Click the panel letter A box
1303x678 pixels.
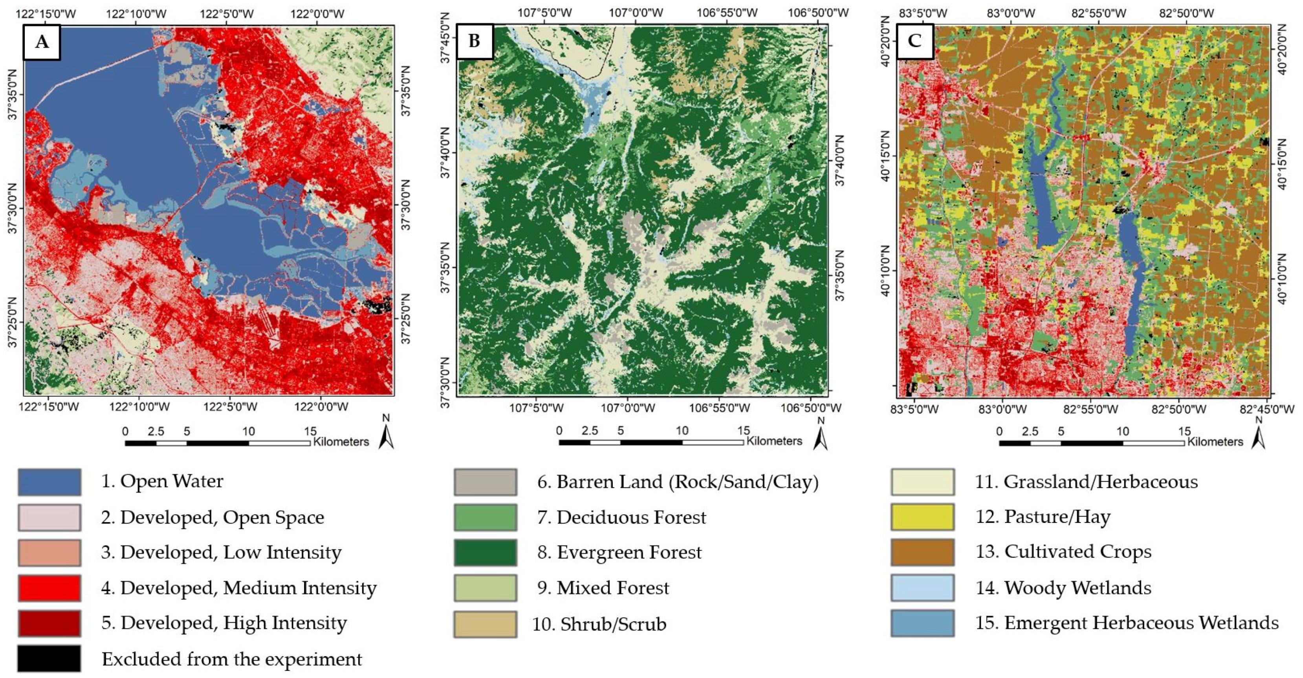(42, 42)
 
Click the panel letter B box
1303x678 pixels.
(475, 40)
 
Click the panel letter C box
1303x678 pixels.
(914, 40)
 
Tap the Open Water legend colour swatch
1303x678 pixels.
(49, 482)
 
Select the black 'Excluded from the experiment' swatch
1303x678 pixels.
(49, 658)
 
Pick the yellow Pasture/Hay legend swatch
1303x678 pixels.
(923, 517)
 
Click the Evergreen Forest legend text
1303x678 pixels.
(619, 552)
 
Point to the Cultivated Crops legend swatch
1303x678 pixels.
(923, 552)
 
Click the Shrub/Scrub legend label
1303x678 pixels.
(599, 624)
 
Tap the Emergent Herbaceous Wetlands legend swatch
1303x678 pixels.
(923, 623)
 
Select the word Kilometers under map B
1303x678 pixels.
(774, 441)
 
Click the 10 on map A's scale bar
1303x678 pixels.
(248, 432)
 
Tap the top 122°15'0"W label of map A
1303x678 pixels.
(46, 14)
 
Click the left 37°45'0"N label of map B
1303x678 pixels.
(445, 38)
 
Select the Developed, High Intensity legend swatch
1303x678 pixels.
(49, 623)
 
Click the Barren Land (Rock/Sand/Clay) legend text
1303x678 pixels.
(678, 482)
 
